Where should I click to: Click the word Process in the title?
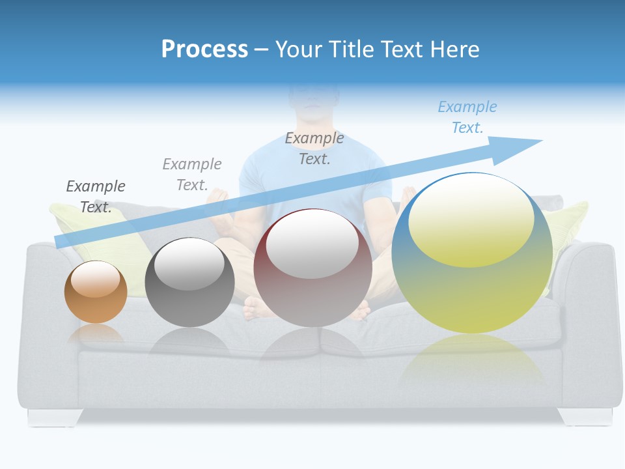[x=204, y=49]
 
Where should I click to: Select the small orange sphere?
[x=96, y=292]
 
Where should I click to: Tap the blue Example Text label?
[x=467, y=117]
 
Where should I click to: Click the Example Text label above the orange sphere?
[x=96, y=197]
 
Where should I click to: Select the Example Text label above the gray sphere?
[x=192, y=175]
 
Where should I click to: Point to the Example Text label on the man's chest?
[x=314, y=149]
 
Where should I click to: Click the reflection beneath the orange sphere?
[x=96, y=334]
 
